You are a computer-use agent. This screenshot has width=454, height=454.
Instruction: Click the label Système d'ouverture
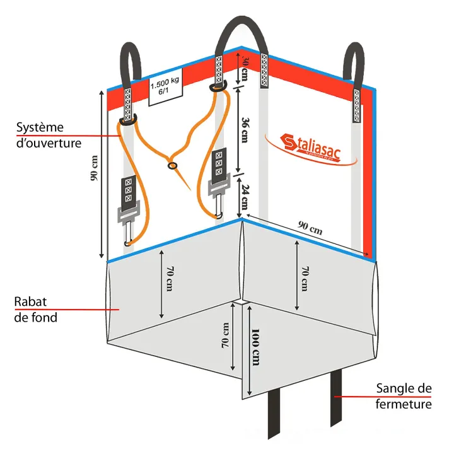point(49,135)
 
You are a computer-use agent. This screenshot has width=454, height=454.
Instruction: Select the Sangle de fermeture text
point(404,395)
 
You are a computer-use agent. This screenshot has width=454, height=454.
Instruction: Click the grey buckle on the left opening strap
point(127,214)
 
